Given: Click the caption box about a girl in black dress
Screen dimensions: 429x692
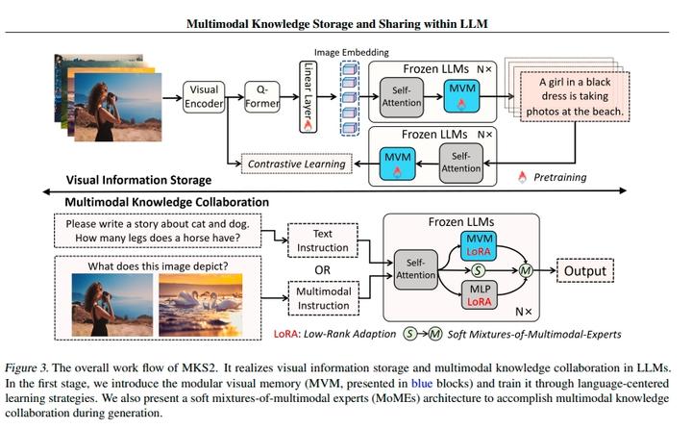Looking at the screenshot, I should click(x=573, y=97).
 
